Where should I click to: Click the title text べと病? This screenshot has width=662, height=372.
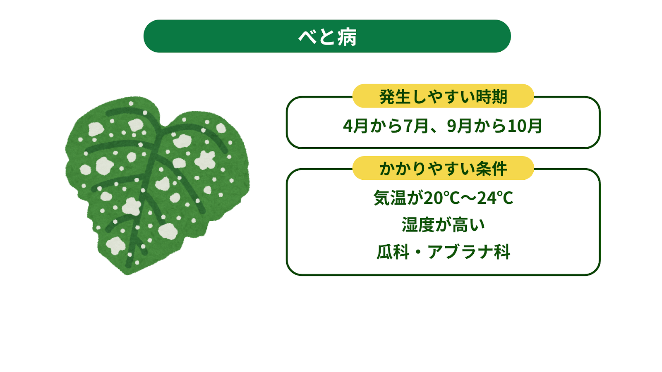coord(327,37)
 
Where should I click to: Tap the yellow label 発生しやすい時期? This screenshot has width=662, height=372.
coord(443,96)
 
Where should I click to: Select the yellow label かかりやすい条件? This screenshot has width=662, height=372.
coord(443,168)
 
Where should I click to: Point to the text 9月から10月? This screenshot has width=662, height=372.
coord(494,126)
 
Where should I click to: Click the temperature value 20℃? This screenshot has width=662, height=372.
coord(442,198)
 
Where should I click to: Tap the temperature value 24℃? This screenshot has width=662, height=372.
coord(495,198)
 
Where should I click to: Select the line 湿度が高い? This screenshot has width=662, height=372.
coord(443,225)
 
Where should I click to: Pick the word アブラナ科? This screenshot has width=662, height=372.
coord(469,252)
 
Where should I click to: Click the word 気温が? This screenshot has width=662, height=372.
coord(398,198)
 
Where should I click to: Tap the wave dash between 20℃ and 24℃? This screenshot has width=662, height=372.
coord(469,198)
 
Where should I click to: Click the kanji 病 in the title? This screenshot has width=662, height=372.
coord(347,37)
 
